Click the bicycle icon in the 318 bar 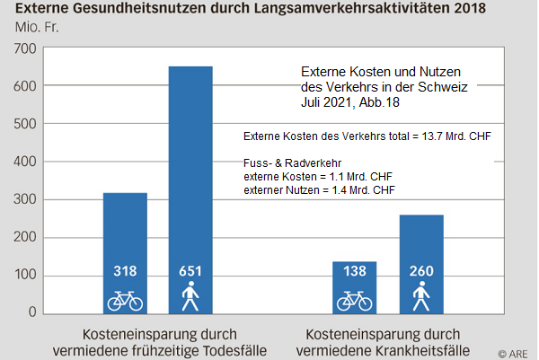pos(125,300)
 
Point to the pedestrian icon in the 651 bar pos(190,297)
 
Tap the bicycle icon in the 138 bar pos(354,300)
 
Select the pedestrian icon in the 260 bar pos(421,297)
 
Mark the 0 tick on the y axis pos(33,312)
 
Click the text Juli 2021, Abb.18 pos(349,102)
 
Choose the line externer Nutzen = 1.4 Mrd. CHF pos(320,190)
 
